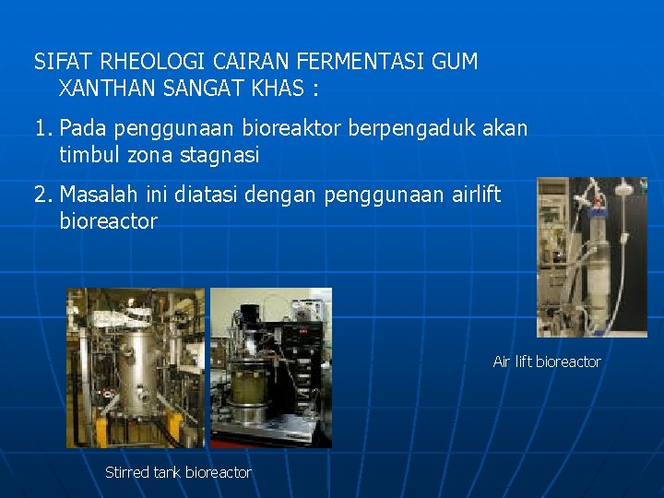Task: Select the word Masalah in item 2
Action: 96,195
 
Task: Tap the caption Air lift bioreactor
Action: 546,362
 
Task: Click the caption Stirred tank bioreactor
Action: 178,472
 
